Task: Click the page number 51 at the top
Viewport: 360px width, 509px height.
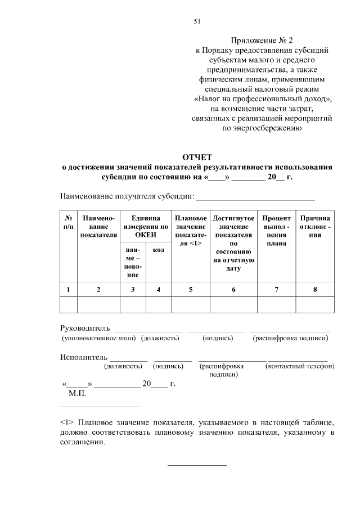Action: click(x=197, y=21)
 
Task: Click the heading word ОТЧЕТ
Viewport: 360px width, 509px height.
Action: click(x=197, y=157)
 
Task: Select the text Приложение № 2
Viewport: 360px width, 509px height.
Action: click(x=262, y=40)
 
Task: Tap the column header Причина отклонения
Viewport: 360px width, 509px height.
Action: click(x=316, y=226)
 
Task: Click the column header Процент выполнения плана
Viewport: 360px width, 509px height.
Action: click(x=276, y=231)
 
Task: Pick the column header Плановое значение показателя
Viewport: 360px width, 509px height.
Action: click(x=191, y=231)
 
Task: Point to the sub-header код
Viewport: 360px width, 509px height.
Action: click(x=159, y=250)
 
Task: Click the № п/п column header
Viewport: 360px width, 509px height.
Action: click(x=68, y=222)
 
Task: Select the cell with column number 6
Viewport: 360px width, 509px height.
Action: click(x=233, y=290)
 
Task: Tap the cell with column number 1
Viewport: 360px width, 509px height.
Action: click(x=68, y=290)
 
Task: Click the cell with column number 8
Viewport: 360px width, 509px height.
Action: click(x=316, y=290)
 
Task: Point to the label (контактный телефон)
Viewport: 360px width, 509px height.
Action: click(x=300, y=366)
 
